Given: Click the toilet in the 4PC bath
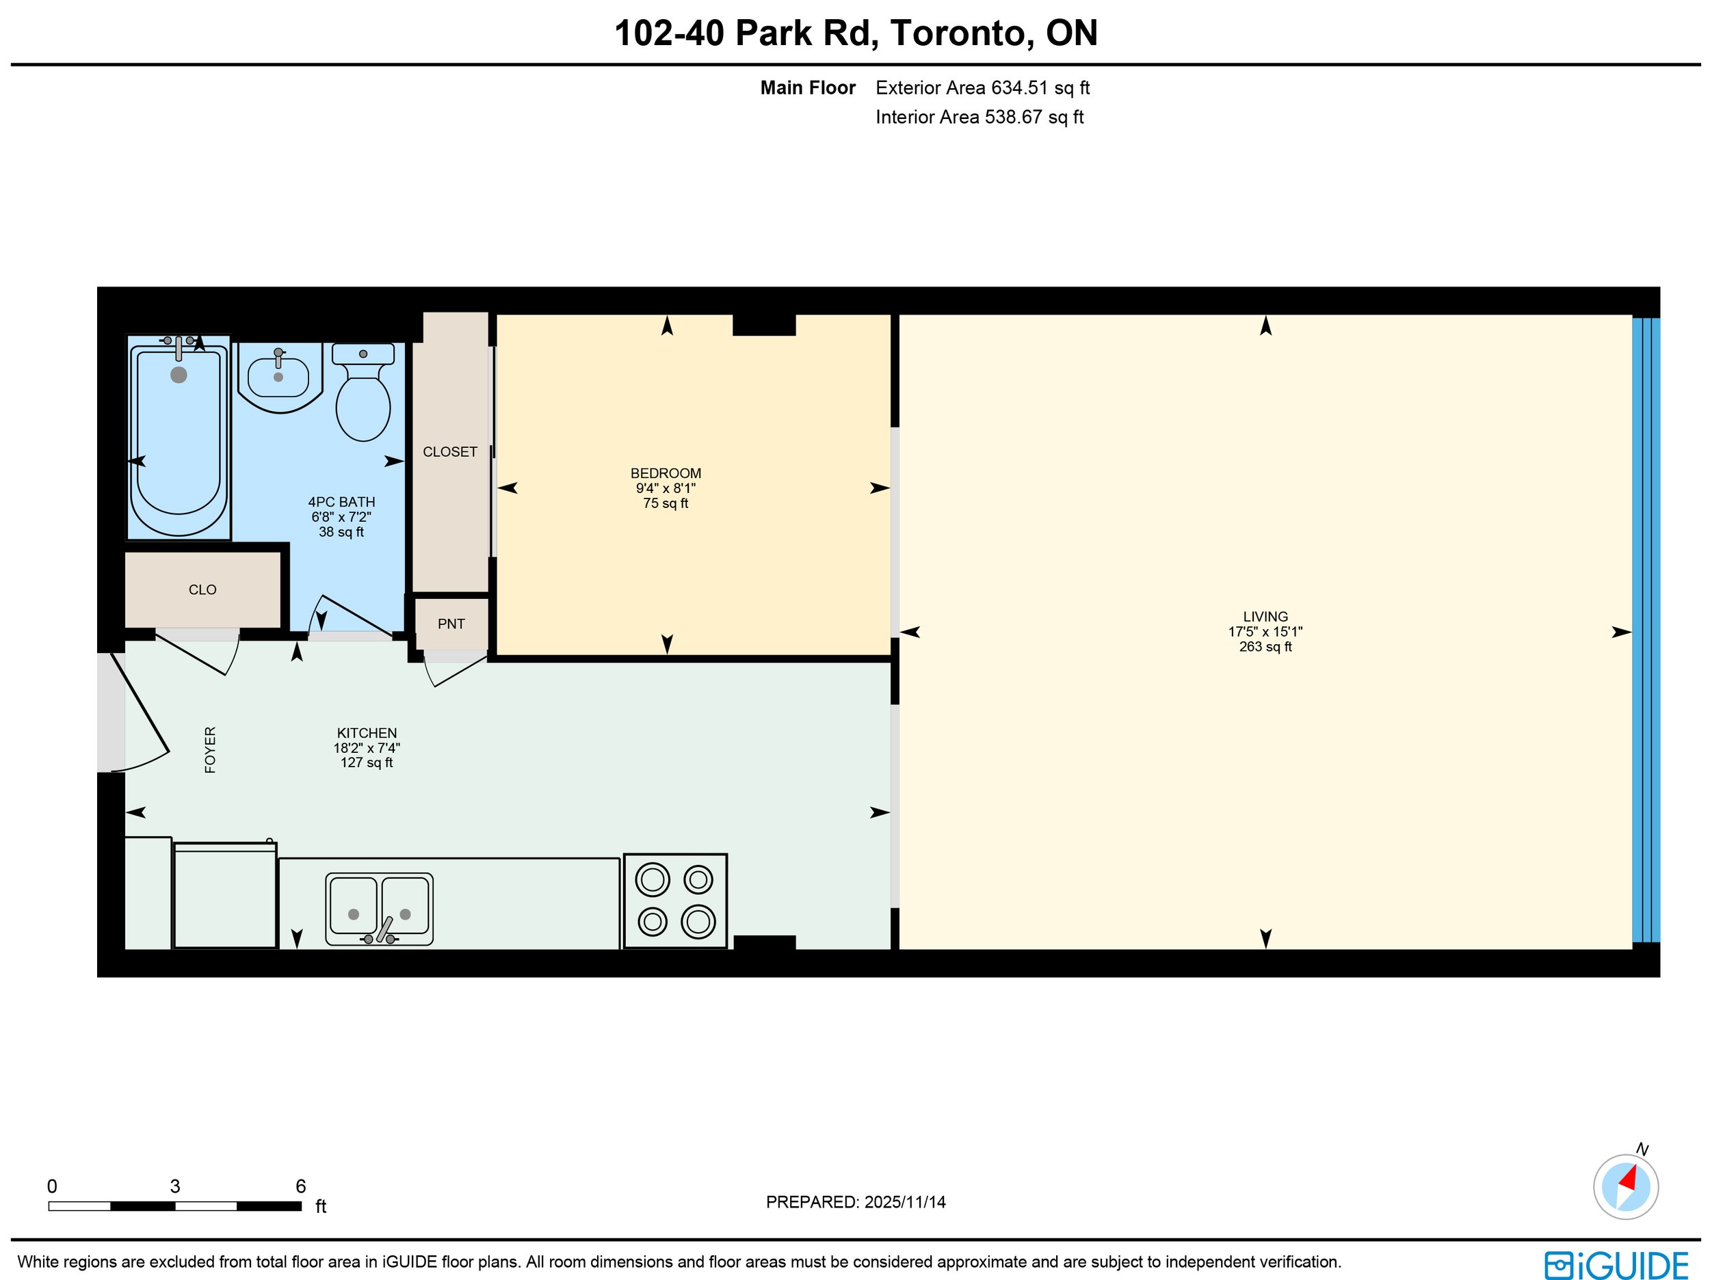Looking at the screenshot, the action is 363,392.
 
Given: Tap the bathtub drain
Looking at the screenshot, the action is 179,375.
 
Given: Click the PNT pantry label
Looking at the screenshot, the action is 451,624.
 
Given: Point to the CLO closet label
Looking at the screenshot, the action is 202,590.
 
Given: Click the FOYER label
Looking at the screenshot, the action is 210,750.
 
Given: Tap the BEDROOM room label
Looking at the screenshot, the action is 666,473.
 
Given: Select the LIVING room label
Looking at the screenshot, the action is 1265,617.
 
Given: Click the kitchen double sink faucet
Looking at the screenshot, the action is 382,931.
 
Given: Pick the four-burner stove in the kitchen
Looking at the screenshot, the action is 676,901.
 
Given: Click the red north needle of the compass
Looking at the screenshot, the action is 1629,1179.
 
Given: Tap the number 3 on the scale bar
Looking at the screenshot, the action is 176,1186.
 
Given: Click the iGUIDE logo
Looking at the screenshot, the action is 1617,1266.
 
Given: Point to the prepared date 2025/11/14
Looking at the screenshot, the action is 904,1202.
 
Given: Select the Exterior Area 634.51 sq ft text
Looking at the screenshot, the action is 982,88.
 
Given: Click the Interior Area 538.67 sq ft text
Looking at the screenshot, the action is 979,118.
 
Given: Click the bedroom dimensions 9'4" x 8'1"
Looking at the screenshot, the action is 666,488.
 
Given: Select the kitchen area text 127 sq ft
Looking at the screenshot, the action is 367,763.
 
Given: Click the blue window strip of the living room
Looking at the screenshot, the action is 1646,630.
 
